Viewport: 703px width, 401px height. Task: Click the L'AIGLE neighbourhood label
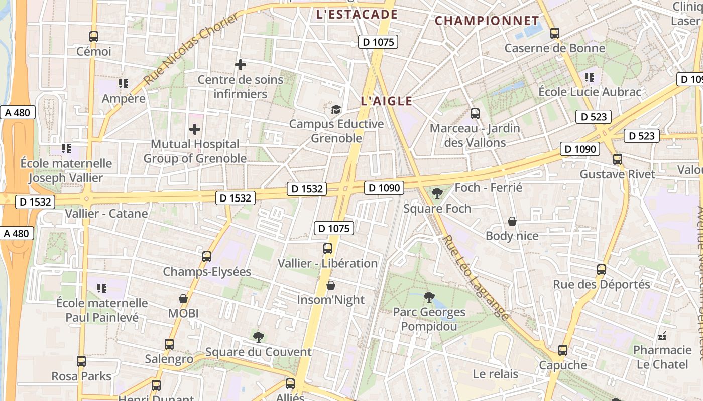click(x=386, y=101)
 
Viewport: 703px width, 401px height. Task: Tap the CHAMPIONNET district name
click(x=487, y=21)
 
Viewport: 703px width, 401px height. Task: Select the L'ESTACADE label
click(x=357, y=15)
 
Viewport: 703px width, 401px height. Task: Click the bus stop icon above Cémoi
click(x=94, y=36)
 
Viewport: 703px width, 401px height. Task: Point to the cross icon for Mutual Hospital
click(x=195, y=129)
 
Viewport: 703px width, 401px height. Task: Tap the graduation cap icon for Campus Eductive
click(x=336, y=109)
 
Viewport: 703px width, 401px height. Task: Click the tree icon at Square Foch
click(x=437, y=193)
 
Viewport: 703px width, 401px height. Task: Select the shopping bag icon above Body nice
click(x=512, y=221)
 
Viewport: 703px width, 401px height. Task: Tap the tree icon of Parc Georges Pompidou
click(x=429, y=297)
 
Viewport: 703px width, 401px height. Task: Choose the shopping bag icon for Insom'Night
click(x=331, y=285)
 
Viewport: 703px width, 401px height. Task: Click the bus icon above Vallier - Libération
click(x=328, y=248)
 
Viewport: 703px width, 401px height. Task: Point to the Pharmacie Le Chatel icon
click(x=663, y=335)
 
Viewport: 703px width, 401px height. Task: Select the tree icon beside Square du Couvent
click(x=259, y=337)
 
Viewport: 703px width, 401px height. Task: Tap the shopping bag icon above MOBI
click(x=183, y=299)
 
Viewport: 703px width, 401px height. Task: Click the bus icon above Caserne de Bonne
click(x=555, y=33)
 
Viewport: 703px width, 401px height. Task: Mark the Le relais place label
click(x=495, y=374)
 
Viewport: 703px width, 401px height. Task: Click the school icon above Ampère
click(x=124, y=83)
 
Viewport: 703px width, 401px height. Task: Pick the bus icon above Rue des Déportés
click(x=602, y=270)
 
